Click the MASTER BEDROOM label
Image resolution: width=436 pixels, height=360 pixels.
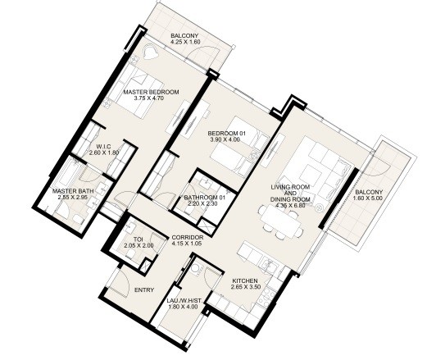[151, 92]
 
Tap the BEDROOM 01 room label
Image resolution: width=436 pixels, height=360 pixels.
[227, 134]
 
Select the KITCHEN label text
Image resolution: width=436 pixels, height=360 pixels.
[245, 281]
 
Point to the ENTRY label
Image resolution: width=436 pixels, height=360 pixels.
[144, 290]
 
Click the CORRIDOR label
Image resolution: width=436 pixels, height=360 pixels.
[188, 238]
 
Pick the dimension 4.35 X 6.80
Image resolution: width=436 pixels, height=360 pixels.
[290, 206]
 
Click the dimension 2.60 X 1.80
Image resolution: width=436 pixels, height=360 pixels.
[104, 153]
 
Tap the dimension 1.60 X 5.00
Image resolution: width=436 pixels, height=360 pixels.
[368, 198]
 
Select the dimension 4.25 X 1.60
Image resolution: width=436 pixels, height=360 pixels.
[185, 42]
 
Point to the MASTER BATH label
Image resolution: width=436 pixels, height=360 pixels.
[73, 191]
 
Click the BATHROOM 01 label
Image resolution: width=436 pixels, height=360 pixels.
[204, 198]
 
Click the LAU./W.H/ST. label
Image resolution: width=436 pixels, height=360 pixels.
[184, 301]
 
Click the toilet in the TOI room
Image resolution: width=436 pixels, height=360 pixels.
[130, 254]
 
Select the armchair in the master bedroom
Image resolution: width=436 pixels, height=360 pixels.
[150, 52]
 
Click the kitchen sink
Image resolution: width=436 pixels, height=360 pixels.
[269, 266]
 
